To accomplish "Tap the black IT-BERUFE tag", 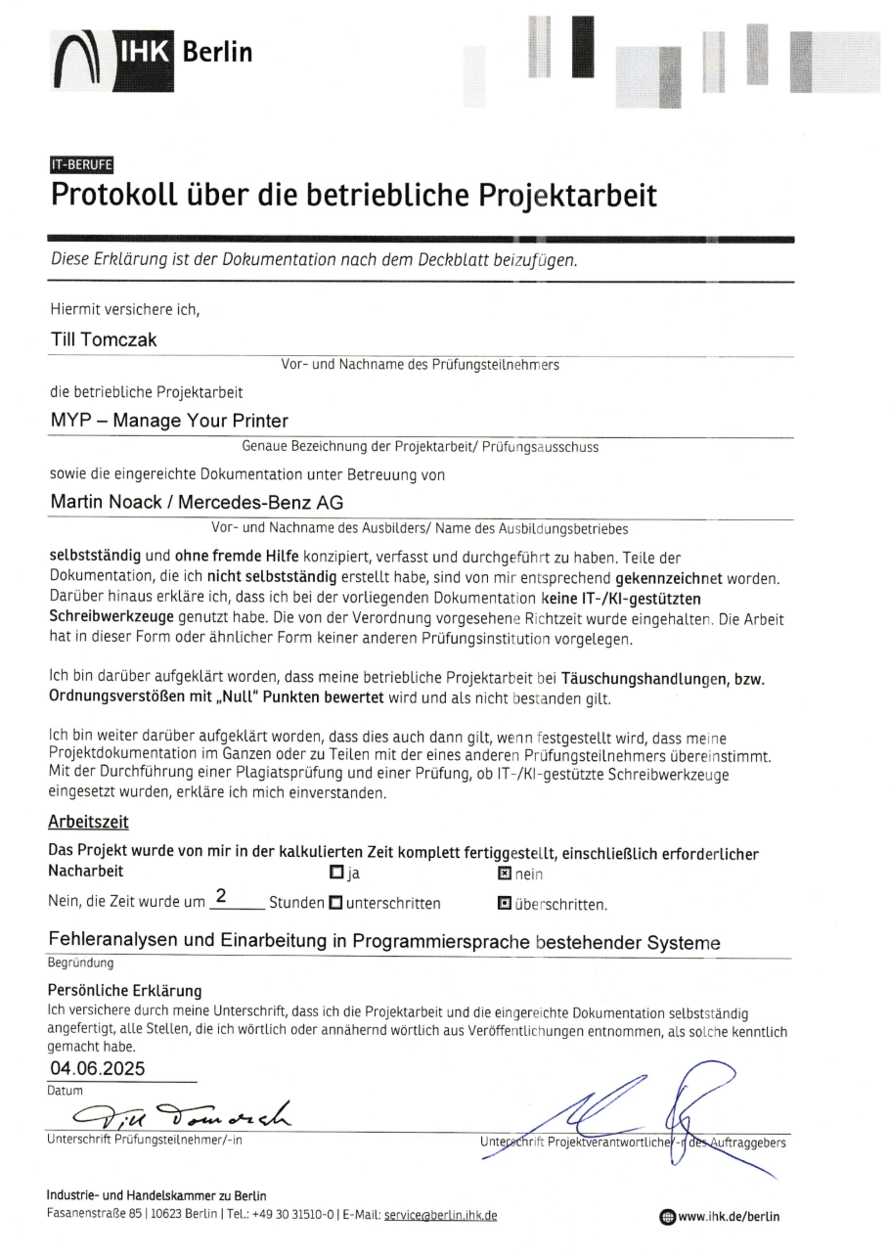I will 81,164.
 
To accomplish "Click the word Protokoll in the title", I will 119,195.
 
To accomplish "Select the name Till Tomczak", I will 104,339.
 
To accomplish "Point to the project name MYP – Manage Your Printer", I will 169,422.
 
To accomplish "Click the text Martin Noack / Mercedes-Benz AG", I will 197,503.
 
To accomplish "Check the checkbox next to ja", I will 336,873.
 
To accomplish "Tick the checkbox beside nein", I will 505,873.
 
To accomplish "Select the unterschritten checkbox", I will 335,902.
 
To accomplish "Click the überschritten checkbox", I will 505,902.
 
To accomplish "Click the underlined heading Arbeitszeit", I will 88,823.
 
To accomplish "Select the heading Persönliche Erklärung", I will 124,990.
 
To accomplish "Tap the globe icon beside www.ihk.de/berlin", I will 667,1217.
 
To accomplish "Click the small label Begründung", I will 80,963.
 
